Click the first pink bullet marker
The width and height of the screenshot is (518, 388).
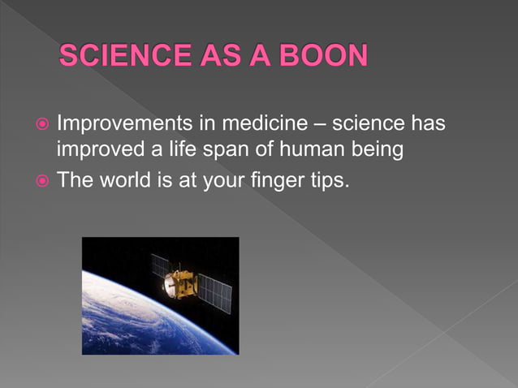pos(41,126)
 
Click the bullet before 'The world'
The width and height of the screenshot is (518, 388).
pos(41,179)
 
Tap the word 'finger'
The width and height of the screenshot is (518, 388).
pos(272,179)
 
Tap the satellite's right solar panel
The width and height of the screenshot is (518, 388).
pos(217,294)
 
